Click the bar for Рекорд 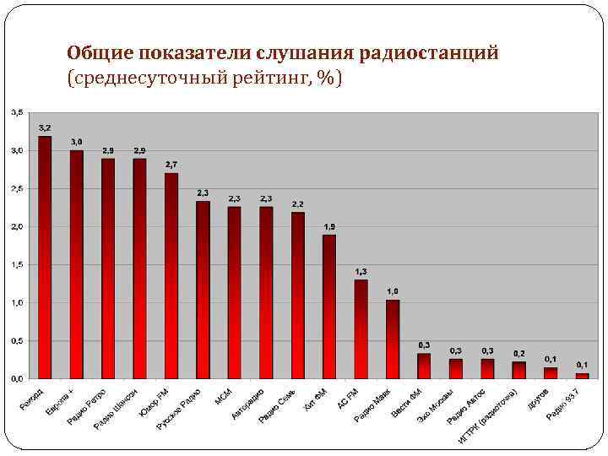click(x=45, y=257)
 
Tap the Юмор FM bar click(x=171, y=275)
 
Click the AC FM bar click(x=361, y=328)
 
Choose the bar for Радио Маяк click(x=393, y=339)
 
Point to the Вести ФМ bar click(x=424, y=366)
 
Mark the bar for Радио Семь click(x=298, y=295)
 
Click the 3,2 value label click(x=45, y=128)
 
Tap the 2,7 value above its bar click(x=171, y=164)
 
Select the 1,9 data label click(x=329, y=226)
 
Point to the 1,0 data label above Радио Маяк click(x=393, y=290)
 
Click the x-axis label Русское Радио click(x=180, y=410)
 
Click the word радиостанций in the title click(x=429, y=53)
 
